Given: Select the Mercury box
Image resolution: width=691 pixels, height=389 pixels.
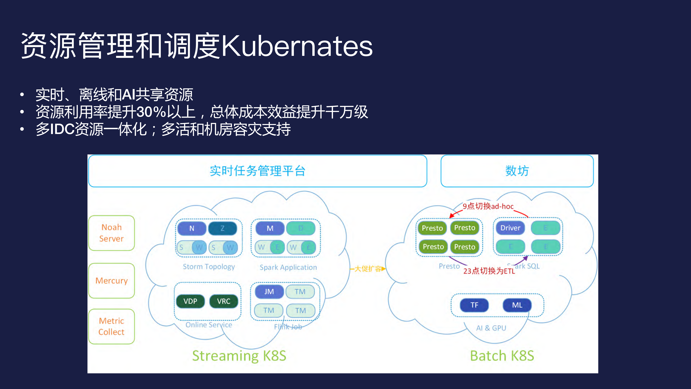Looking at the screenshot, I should pyautogui.click(x=111, y=281).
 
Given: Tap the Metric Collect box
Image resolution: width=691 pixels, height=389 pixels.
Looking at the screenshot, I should pyautogui.click(x=111, y=326).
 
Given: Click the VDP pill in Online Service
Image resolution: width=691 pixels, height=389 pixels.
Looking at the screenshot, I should pyautogui.click(x=190, y=301).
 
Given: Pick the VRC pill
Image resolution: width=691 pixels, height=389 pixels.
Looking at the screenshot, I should pyautogui.click(x=223, y=301).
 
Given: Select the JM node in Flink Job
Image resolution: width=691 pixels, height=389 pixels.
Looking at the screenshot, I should pyautogui.click(x=269, y=292).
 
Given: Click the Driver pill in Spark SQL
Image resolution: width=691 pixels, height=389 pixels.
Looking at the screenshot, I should pyautogui.click(x=510, y=228).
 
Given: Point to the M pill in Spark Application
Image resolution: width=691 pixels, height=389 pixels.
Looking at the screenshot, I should pyautogui.click(x=270, y=228).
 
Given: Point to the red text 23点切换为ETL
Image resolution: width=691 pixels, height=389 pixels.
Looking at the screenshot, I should pyautogui.click(x=489, y=271).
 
